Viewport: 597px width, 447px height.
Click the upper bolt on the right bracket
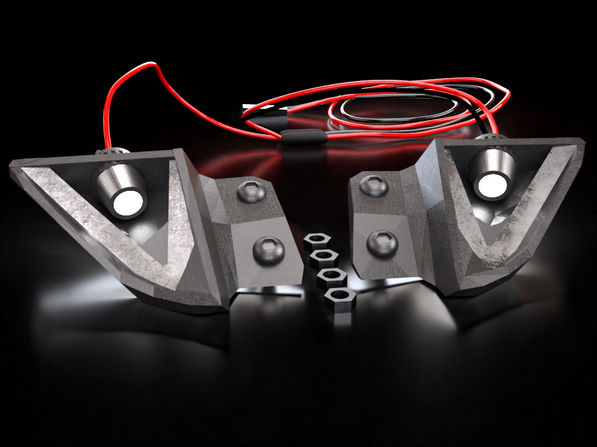coord(373,186)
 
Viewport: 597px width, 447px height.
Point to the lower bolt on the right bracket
coord(382,243)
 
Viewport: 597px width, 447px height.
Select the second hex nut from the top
coord(324,258)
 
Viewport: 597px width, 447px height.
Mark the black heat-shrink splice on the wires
coord(302,137)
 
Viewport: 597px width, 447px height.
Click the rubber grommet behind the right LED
coord(491,138)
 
